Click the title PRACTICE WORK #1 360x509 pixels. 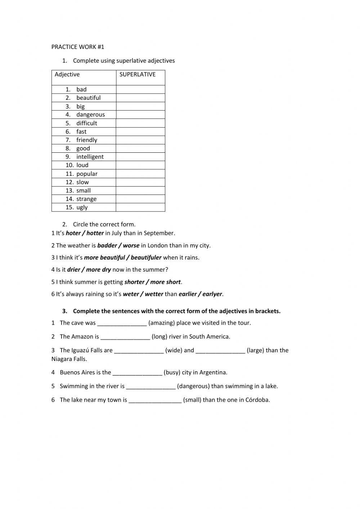(x=78, y=47)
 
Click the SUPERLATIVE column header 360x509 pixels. (x=138, y=75)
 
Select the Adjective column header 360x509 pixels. (x=67, y=75)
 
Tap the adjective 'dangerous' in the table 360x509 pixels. (x=90, y=115)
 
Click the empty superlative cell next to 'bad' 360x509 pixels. (x=140, y=89)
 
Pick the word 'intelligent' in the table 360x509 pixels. (x=90, y=157)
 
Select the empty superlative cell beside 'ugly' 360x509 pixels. (x=140, y=207)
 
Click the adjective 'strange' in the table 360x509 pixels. (x=86, y=199)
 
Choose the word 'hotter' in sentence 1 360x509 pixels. (x=95, y=233)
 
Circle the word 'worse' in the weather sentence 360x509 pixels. (x=131, y=246)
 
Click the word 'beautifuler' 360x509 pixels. (x=146, y=258)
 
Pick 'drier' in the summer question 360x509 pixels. (x=74, y=270)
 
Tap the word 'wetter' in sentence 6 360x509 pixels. (x=154, y=294)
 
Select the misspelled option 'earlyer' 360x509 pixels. (x=212, y=294)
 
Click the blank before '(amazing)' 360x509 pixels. (x=122, y=323)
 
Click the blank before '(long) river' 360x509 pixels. (x=125, y=337)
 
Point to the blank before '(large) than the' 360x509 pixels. (x=220, y=351)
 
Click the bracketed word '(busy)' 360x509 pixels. (x=172, y=372)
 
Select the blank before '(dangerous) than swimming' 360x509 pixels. (x=151, y=386)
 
